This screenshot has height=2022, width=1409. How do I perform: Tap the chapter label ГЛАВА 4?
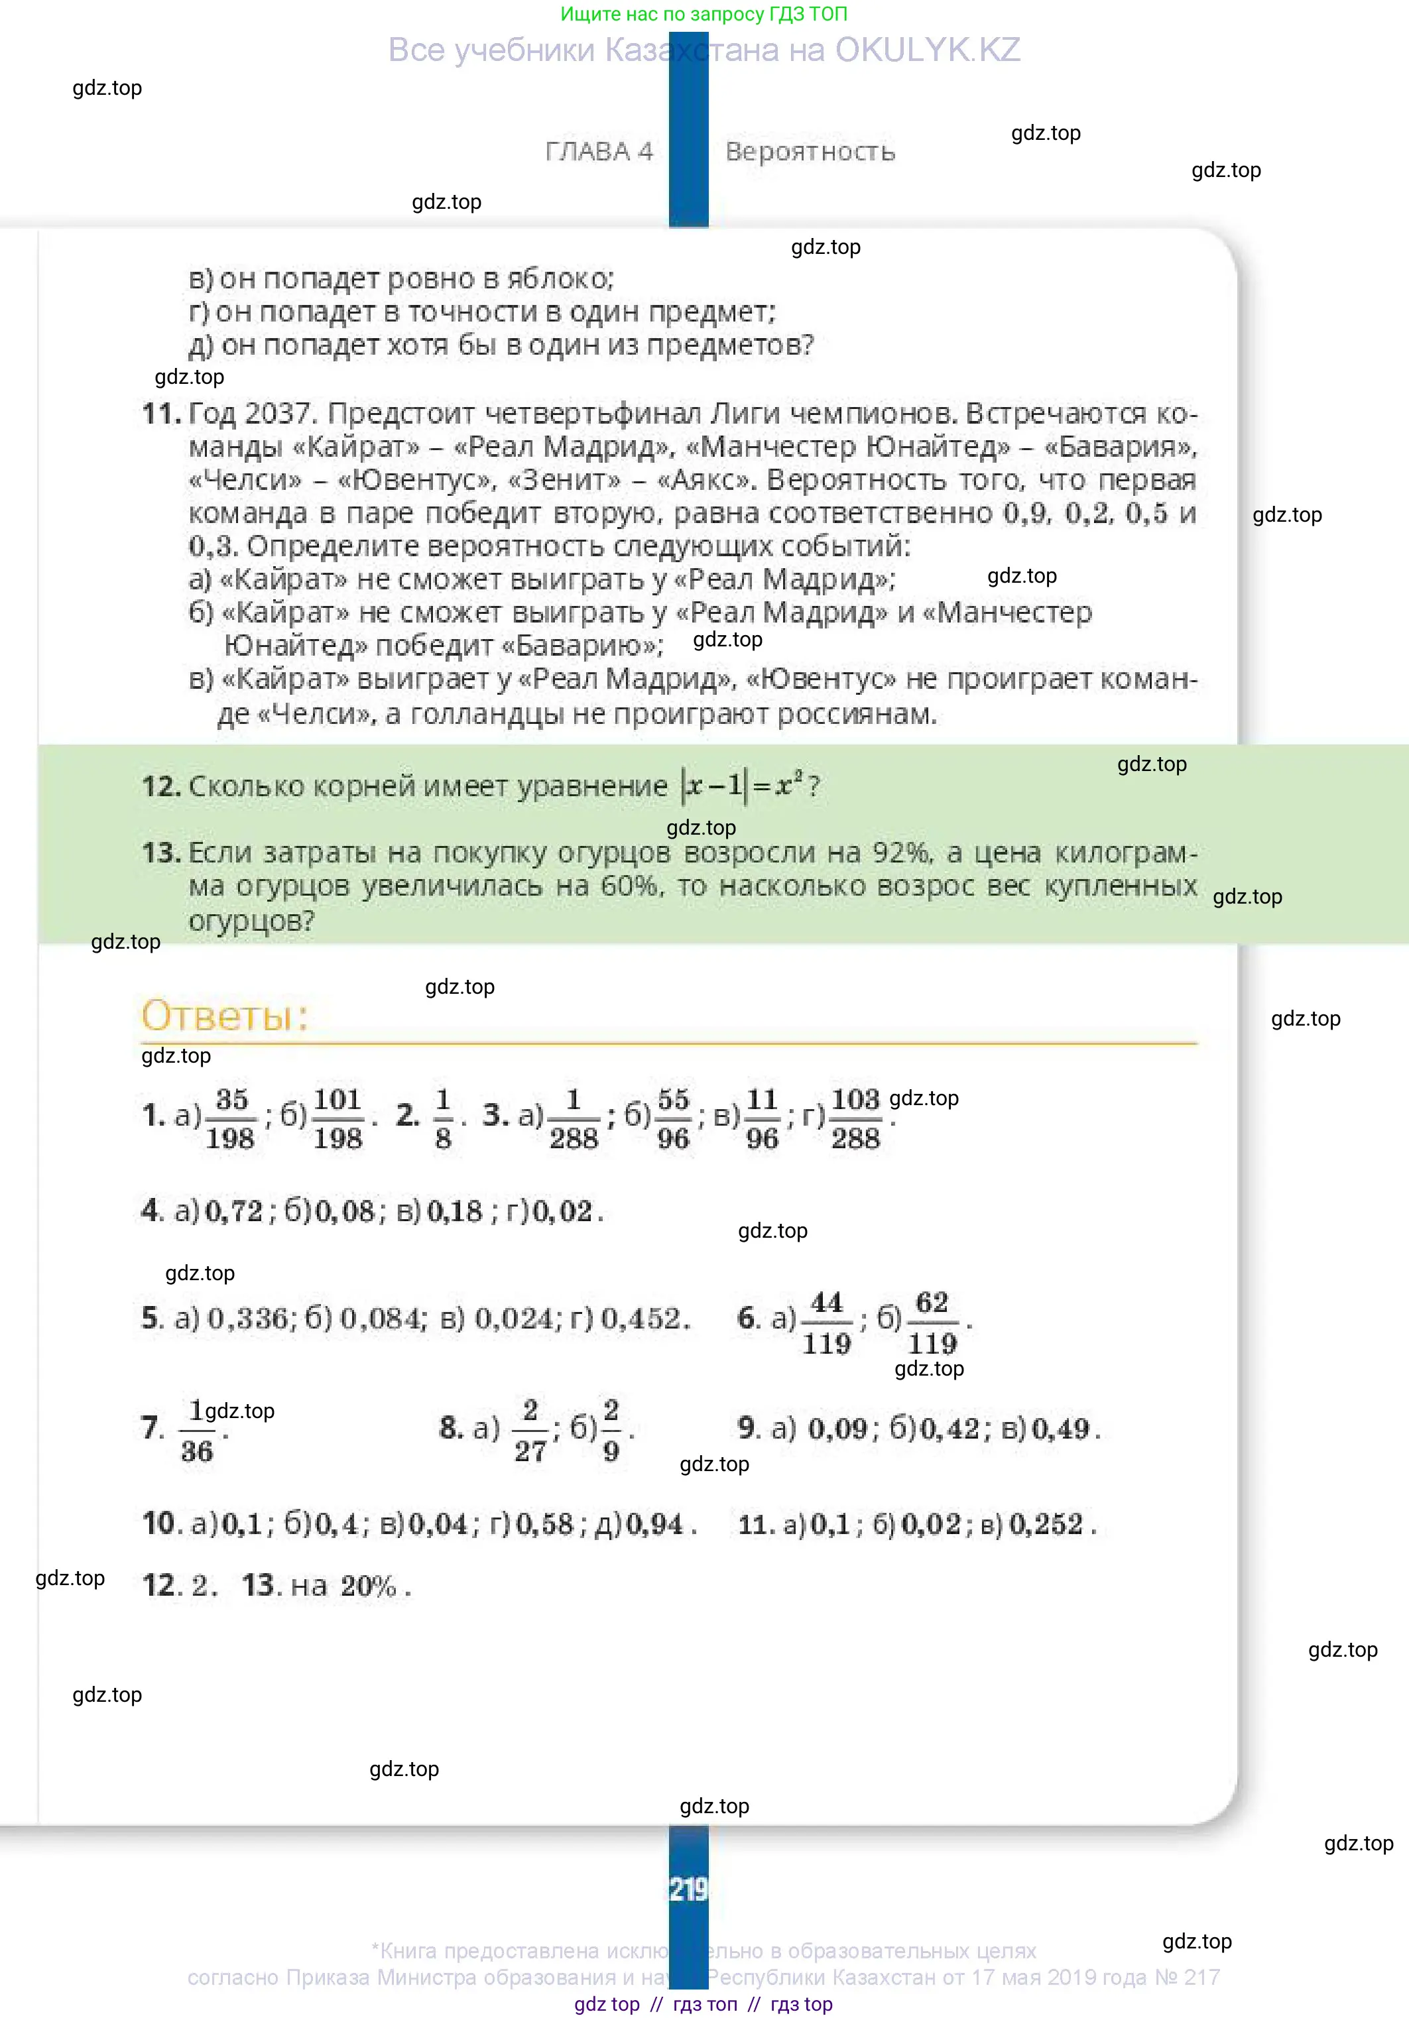(599, 151)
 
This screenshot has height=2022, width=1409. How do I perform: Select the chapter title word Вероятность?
(810, 151)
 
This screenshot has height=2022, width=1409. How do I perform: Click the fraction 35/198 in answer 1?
(231, 1118)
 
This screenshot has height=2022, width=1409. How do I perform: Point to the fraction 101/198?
(338, 1118)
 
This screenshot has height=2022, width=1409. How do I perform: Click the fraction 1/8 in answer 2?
(443, 1118)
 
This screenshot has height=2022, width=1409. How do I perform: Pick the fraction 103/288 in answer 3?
(855, 1118)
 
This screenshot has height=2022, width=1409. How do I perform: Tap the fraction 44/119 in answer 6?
(826, 1323)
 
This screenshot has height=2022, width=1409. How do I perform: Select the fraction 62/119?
(932, 1323)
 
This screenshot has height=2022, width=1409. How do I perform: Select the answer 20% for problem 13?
(368, 1586)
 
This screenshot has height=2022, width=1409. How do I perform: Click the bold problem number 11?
(161, 413)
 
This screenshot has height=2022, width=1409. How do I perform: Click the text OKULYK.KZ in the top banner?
(928, 50)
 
